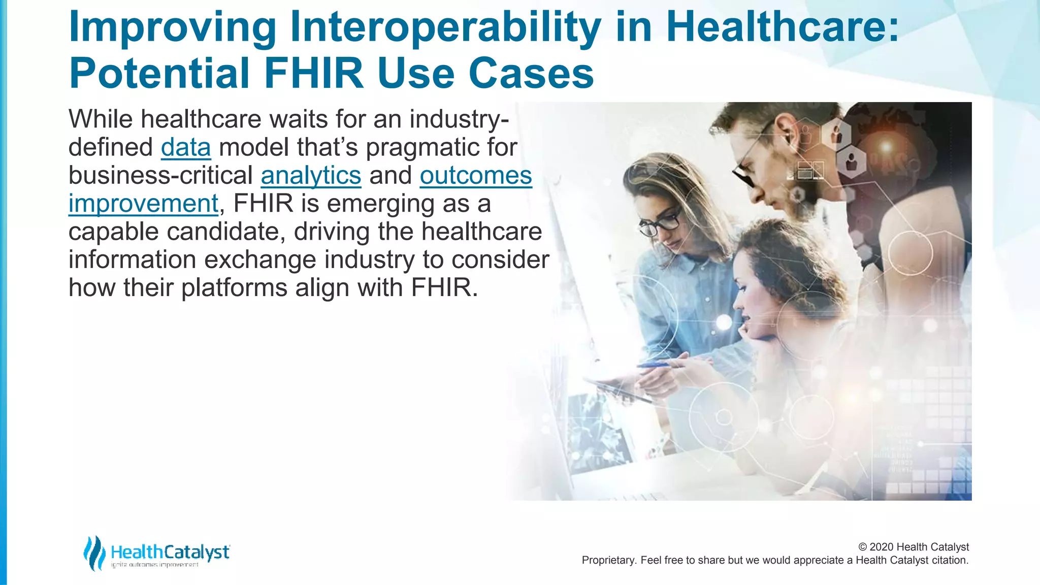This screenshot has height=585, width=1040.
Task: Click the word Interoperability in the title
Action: (445, 28)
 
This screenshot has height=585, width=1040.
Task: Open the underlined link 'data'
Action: (186, 148)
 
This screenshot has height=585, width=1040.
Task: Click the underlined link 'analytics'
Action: (311, 176)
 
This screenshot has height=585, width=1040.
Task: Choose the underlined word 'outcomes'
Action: (476, 176)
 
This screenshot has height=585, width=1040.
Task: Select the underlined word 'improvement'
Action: (143, 204)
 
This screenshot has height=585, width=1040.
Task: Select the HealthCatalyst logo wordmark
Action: (170, 552)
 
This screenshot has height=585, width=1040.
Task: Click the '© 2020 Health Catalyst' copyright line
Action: (913, 547)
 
